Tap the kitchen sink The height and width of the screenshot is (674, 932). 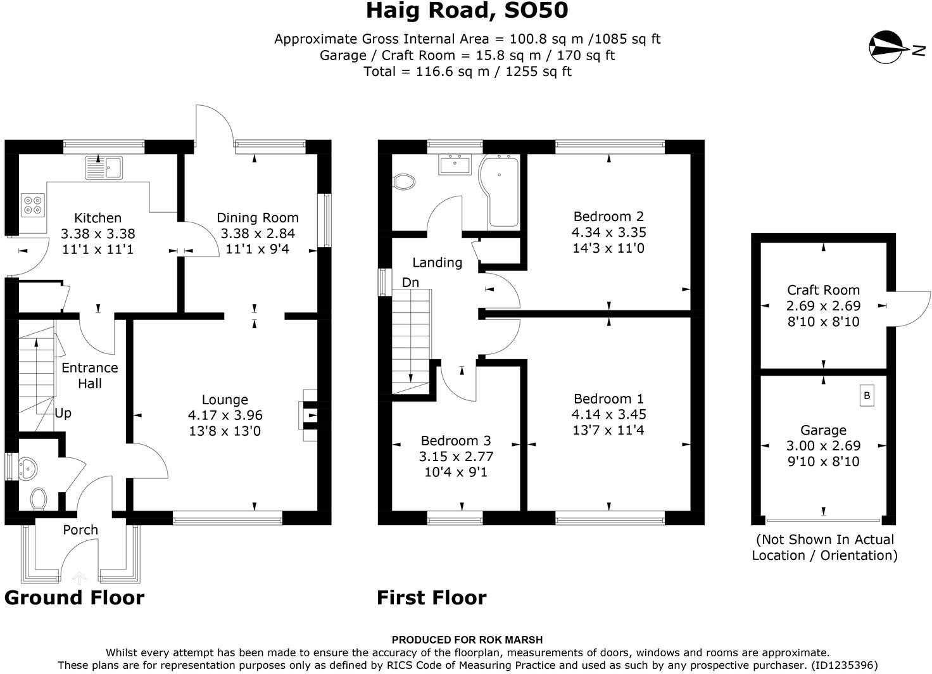[x=106, y=168]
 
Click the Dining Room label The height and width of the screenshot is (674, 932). [x=257, y=217]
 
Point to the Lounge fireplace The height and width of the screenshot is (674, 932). [x=310, y=414]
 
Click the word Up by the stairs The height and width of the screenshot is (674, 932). [x=63, y=413]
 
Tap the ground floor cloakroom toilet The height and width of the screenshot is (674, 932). [x=38, y=498]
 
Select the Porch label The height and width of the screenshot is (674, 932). [x=80, y=530]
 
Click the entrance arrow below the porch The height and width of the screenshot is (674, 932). [x=80, y=577]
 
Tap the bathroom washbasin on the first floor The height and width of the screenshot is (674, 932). [x=455, y=165]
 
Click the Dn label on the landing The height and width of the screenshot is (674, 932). [x=410, y=283]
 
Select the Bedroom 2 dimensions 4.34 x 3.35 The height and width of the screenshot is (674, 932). [x=608, y=232]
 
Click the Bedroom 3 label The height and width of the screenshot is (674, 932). [x=456, y=440]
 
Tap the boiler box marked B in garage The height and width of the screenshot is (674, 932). [x=867, y=396]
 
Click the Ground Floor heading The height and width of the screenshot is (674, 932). [x=75, y=597]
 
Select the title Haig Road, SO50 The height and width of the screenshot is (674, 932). [x=467, y=11]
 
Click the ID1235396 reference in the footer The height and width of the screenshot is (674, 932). [x=844, y=665]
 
